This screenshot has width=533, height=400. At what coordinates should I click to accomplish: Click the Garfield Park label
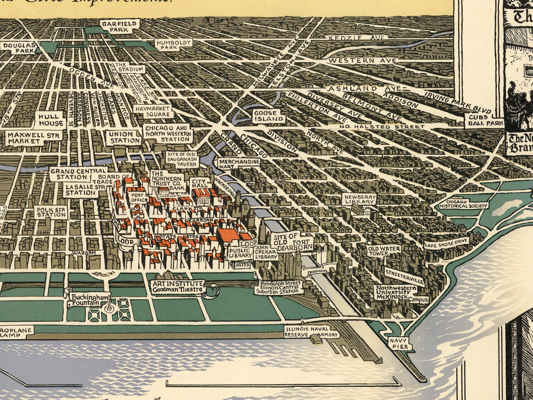[115, 27]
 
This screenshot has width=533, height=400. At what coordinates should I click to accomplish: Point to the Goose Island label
[265, 116]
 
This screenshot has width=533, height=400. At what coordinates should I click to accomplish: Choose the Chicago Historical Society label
[464, 205]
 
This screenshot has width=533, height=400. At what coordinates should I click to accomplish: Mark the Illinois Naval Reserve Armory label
[307, 332]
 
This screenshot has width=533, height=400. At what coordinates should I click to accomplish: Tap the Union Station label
[125, 137]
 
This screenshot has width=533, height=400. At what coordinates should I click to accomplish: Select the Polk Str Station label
[51, 212]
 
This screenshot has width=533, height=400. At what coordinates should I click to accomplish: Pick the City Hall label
[201, 183]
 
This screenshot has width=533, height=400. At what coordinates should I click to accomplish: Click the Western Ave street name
[362, 61]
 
